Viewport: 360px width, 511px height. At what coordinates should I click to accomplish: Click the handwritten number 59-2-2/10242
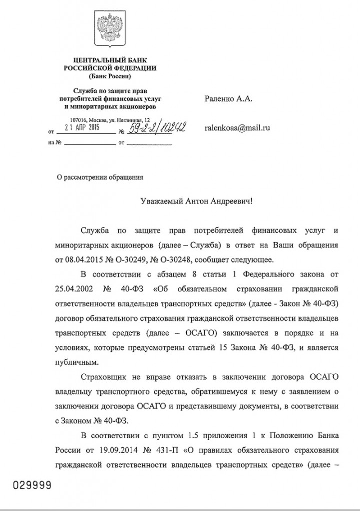coord(157,128)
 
